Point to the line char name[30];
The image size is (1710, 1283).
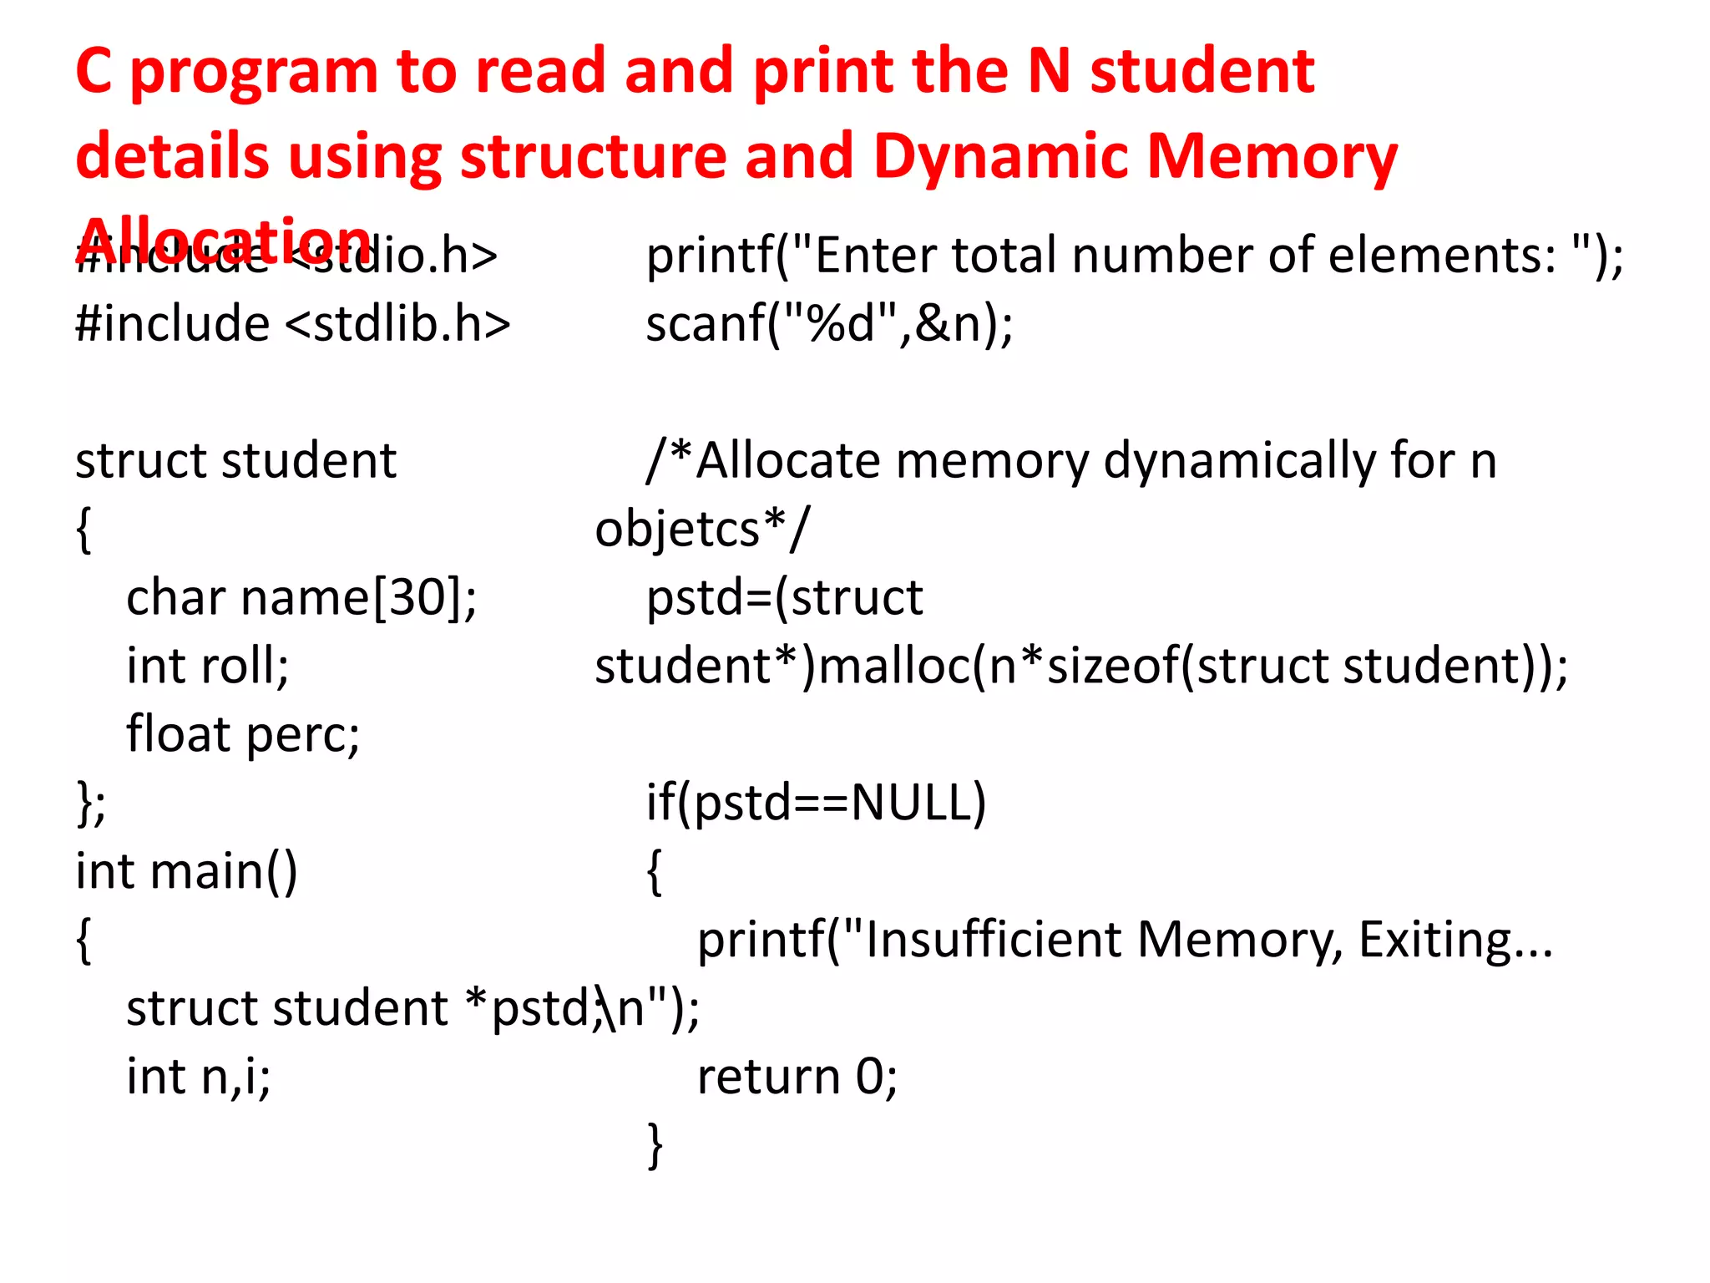pyautogui.click(x=301, y=597)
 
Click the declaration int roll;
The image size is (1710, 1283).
pyautogui.click(x=208, y=666)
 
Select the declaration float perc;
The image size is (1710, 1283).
pyautogui.click(x=243, y=734)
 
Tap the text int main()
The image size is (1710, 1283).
pyautogui.click(x=186, y=871)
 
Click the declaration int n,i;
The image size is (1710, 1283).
pyautogui.click(x=199, y=1076)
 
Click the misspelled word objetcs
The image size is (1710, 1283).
pyautogui.click(x=677, y=529)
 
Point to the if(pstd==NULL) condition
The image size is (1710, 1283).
pyautogui.click(x=816, y=803)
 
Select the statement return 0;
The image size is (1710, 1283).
pyautogui.click(x=797, y=1076)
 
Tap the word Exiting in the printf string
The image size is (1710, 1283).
pyautogui.click(x=1434, y=939)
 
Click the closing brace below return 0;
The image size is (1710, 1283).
pyautogui.click(x=655, y=1144)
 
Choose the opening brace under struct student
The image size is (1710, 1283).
pyautogui.click(x=83, y=529)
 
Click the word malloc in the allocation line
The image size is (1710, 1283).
pyautogui.click(x=894, y=666)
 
